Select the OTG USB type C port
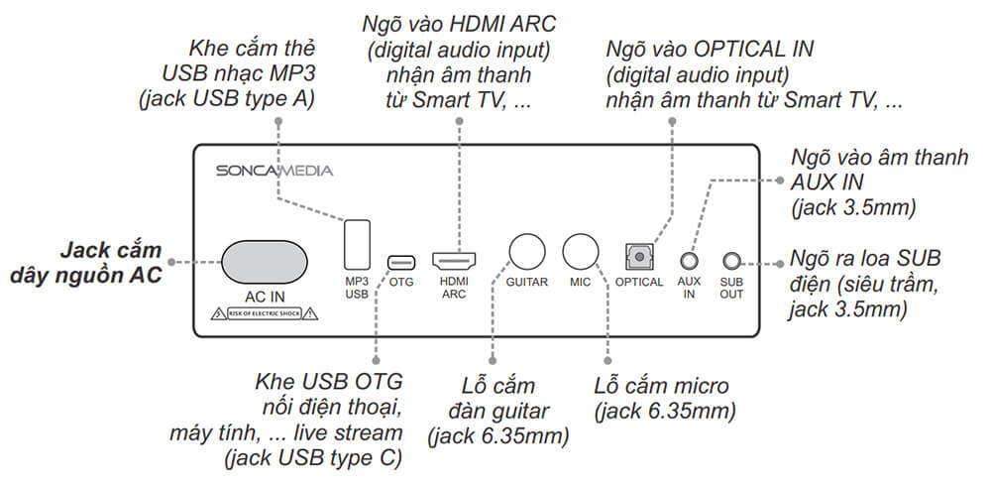point(401,262)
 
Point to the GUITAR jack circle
point(526,251)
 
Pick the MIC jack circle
point(580,251)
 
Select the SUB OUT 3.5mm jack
point(731,261)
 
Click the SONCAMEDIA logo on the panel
point(275,171)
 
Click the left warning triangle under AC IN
point(216,314)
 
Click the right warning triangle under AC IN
point(310,314)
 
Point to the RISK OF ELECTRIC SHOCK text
point(263,314)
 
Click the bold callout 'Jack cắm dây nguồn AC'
point(111,262)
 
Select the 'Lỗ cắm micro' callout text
point(662,385)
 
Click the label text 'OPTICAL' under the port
point(639,283)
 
